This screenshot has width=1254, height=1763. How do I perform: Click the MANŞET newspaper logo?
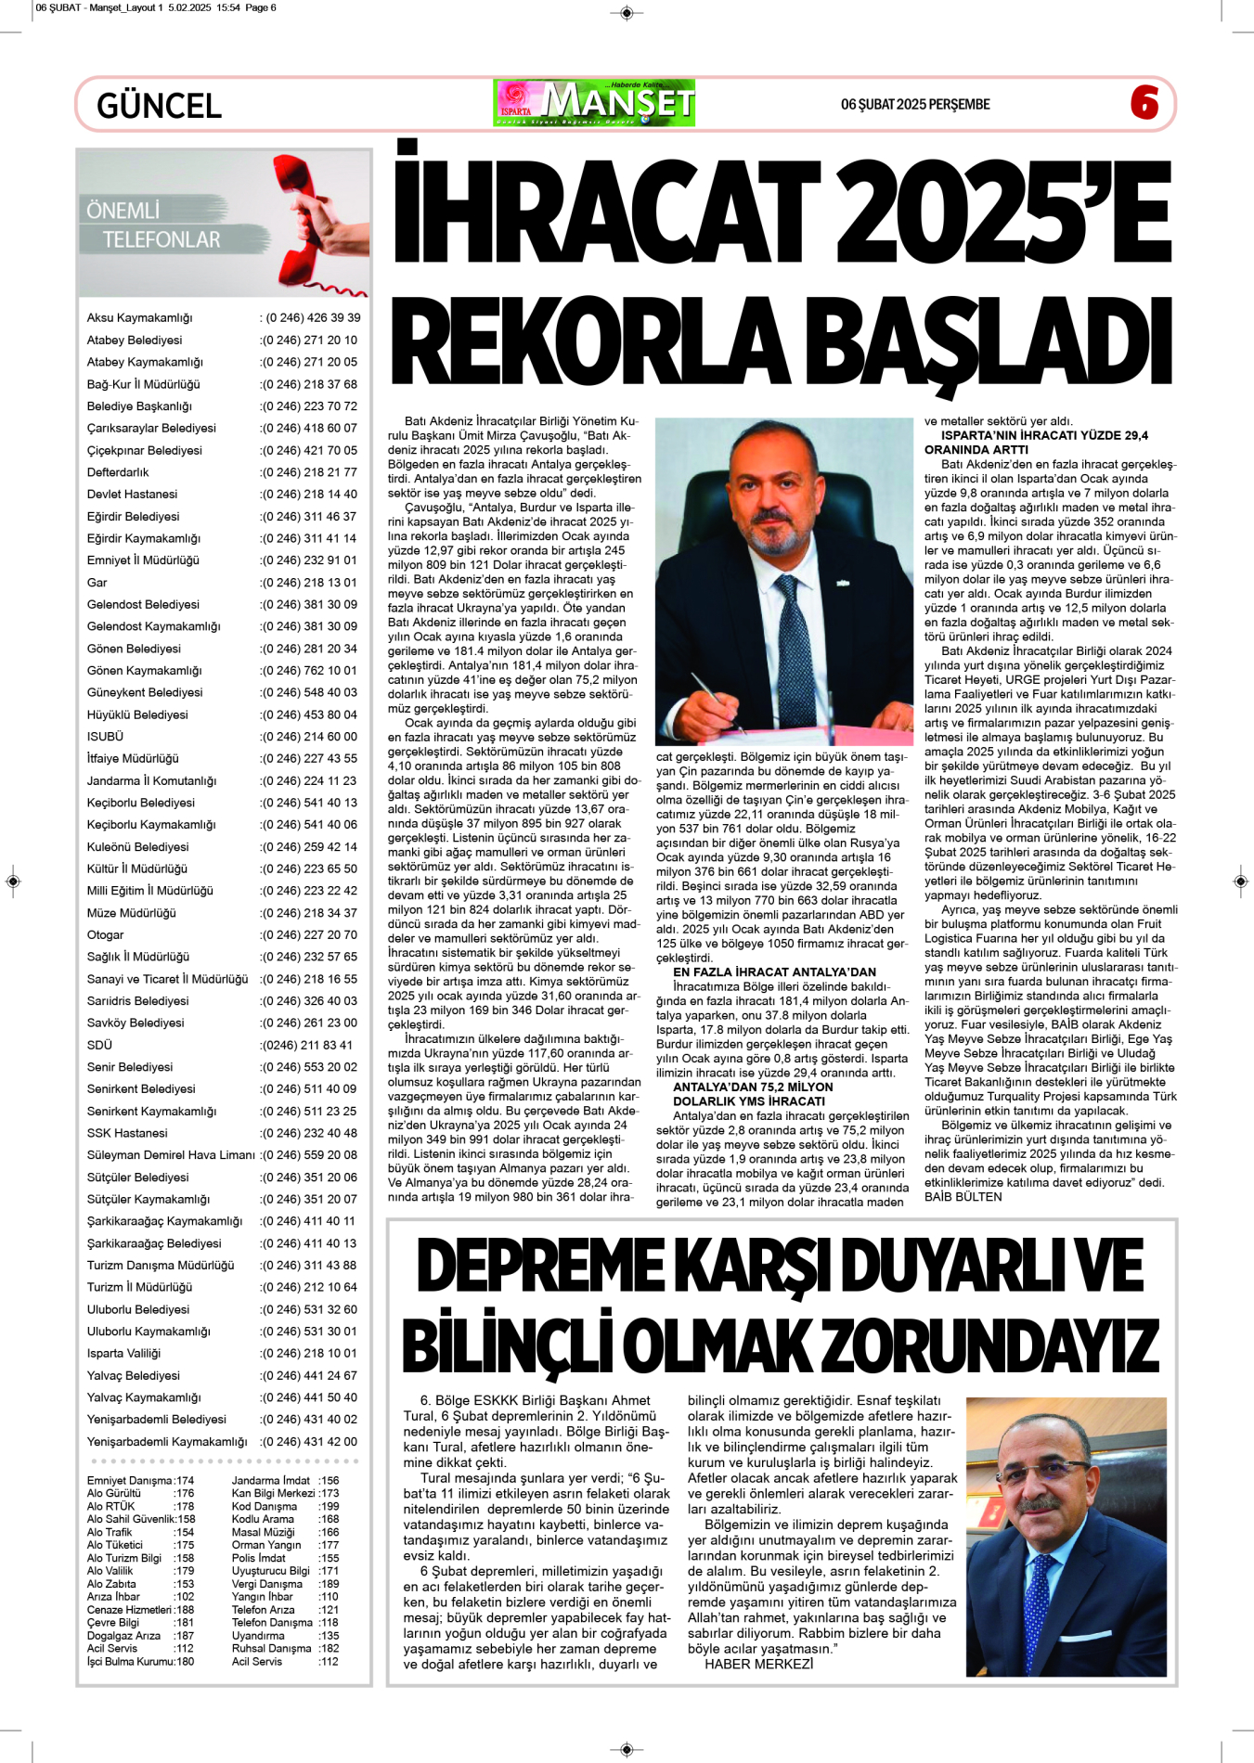(595, 103)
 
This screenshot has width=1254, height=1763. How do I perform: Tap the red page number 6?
(1144, 103)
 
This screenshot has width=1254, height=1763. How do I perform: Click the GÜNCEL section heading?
(159, 106)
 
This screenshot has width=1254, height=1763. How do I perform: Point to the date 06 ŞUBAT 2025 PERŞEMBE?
(915, 105)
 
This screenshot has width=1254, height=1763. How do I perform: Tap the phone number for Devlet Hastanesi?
(309, 495)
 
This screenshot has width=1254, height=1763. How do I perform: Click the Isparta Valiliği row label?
(123, 1354)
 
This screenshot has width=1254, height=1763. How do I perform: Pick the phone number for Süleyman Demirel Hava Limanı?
(309, 1155)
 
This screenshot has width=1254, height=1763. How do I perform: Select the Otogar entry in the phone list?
(105, 935)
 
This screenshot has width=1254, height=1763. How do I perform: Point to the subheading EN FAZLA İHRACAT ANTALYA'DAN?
(774, 972)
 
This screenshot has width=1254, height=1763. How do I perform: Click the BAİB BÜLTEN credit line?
(963, 1197)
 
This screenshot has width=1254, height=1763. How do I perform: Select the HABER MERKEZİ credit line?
(758, 1664)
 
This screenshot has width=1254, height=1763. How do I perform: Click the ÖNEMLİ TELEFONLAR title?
(154, 225)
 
